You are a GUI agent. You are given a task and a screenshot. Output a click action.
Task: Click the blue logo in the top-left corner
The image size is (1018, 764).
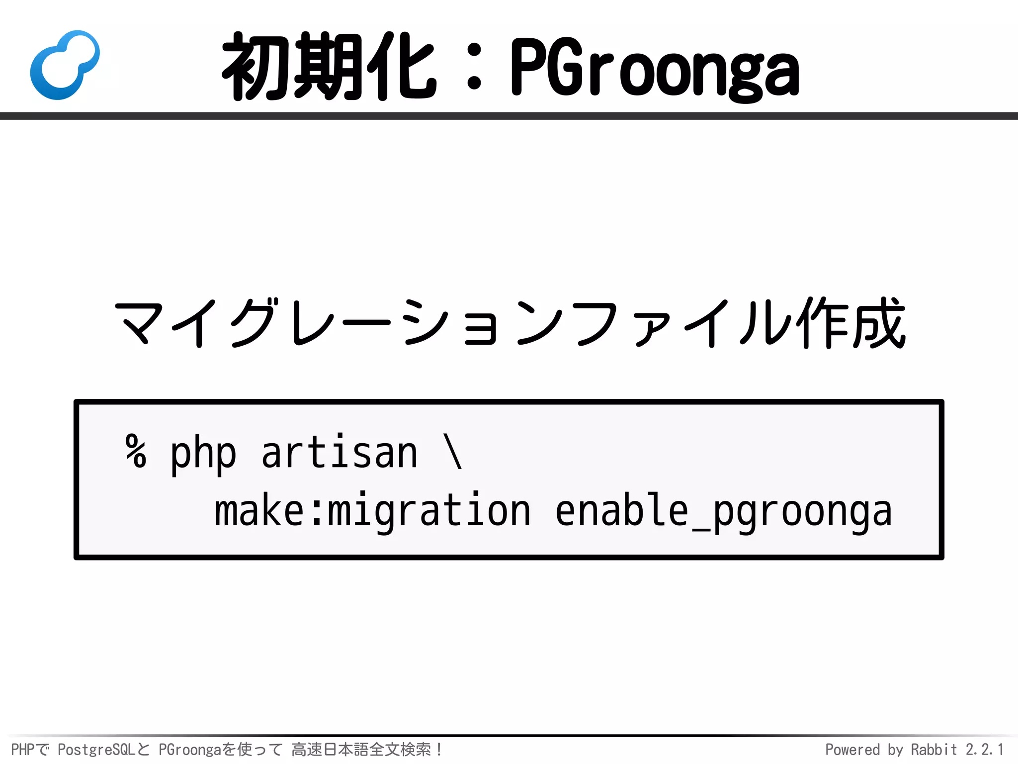tap(65, 65)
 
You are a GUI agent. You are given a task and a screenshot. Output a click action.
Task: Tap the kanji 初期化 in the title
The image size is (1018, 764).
tap(329, 66)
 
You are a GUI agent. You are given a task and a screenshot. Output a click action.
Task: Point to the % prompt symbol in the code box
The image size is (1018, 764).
tap(136, 451)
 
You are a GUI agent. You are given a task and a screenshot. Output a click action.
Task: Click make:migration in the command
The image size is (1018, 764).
tap(372, 511)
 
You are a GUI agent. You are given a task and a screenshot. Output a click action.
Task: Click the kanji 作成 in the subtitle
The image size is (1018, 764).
tap(850, 323)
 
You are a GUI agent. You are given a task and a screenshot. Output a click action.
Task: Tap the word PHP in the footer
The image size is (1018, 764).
tap(22, 750)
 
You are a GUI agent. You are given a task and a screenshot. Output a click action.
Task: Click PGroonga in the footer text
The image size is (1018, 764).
tap(189, 750)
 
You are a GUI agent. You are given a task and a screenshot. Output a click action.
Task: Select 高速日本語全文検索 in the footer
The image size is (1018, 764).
tap(361, 749)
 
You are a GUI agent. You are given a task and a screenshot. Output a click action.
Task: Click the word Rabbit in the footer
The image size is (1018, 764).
tap(933, 750)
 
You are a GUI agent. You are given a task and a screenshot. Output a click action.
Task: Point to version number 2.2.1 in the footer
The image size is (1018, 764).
tap(984, 750)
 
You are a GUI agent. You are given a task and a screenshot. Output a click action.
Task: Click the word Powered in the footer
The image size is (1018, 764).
tap(852, 750)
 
